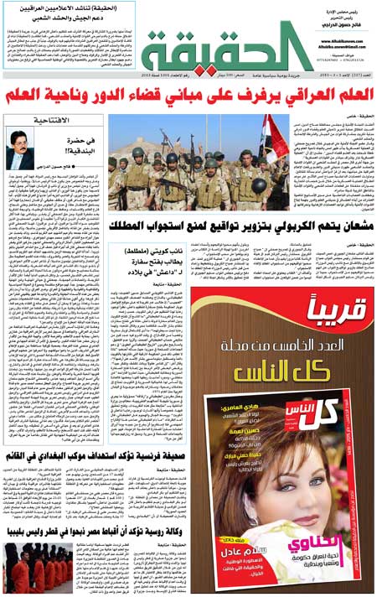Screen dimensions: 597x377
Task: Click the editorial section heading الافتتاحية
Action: pos(50,121)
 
